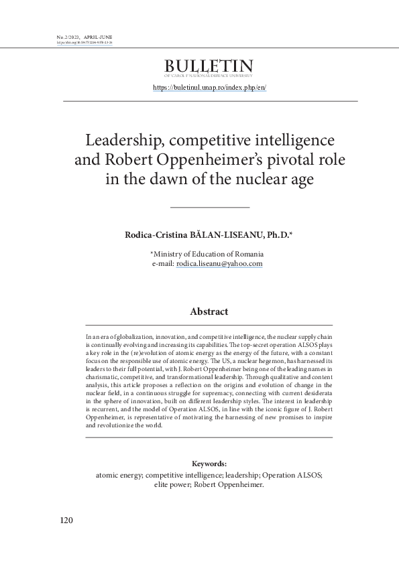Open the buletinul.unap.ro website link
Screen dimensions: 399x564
[209, 88]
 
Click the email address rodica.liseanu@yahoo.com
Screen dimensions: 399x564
[219, 264]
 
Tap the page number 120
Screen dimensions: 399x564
[66, 520]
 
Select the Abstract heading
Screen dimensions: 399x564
[209, 311]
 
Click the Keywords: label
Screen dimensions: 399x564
[209, 464]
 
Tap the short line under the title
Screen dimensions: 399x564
[209, 207]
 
